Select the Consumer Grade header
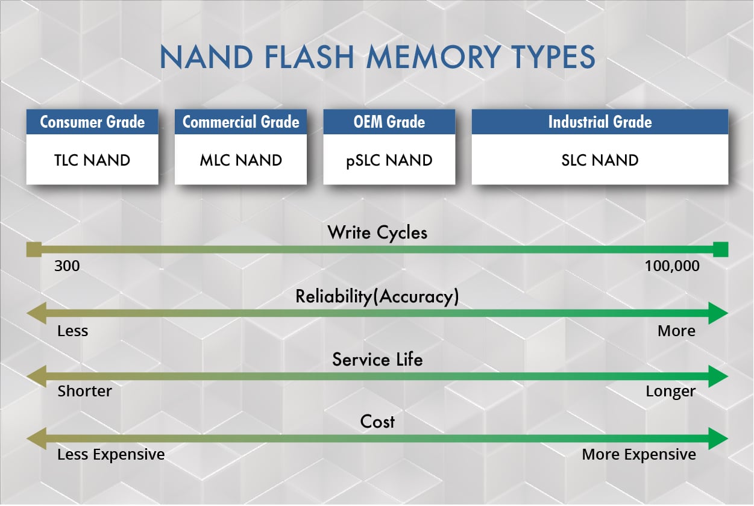92,122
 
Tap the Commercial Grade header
240,122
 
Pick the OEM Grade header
389,122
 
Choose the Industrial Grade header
600,122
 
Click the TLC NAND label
92,160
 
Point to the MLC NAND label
240,160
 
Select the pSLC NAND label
389,160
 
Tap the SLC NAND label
600,160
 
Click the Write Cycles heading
377,233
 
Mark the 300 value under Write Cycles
67,266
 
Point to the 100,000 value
672,266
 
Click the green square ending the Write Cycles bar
720,249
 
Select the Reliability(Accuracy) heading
377,296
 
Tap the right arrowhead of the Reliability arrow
719,313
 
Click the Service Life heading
377,360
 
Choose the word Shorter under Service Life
84,392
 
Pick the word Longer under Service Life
670,392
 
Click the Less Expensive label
111,454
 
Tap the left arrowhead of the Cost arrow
36,438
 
